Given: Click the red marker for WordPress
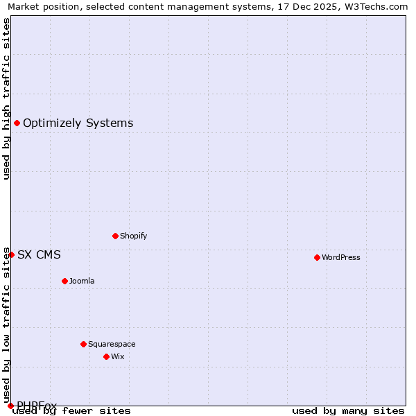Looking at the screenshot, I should point(317,257).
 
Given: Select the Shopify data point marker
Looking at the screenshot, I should point(115,236).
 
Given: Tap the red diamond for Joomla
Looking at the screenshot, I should point(64,281).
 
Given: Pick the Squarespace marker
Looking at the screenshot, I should point(83,344).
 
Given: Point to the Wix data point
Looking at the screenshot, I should point(106,356).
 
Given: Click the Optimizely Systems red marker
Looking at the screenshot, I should point(17,123).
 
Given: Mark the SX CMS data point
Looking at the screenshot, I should point(11,254).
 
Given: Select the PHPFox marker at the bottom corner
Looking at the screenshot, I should point(10,406).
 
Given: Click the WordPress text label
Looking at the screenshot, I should point(341,257).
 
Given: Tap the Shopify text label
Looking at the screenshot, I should point(134,236).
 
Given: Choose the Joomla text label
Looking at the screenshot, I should point(82,281).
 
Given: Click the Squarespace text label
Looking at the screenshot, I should point(112,344).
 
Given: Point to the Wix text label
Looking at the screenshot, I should point(118,356).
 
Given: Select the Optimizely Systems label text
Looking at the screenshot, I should point(78,123).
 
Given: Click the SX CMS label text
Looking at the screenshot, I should point(39,255).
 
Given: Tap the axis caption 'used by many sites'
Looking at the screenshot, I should point(348,411).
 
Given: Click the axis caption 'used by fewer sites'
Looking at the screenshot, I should point(72,411).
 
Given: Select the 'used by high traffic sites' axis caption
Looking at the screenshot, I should point(6,98).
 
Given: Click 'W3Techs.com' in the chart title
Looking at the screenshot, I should point(377,6).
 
